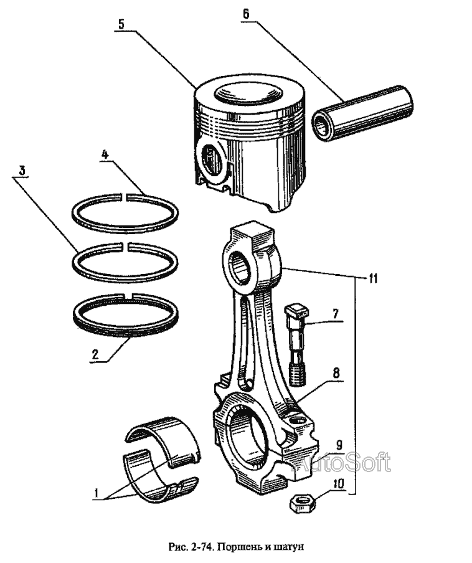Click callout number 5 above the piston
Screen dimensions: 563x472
coord(121,24)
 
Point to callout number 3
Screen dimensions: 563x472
coord(22,170)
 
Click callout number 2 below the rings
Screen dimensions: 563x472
coord(95,356)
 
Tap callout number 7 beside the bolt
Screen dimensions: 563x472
coord(334,313)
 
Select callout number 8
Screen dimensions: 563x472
coord(335,374)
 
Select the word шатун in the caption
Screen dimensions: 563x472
coord(287,547)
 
